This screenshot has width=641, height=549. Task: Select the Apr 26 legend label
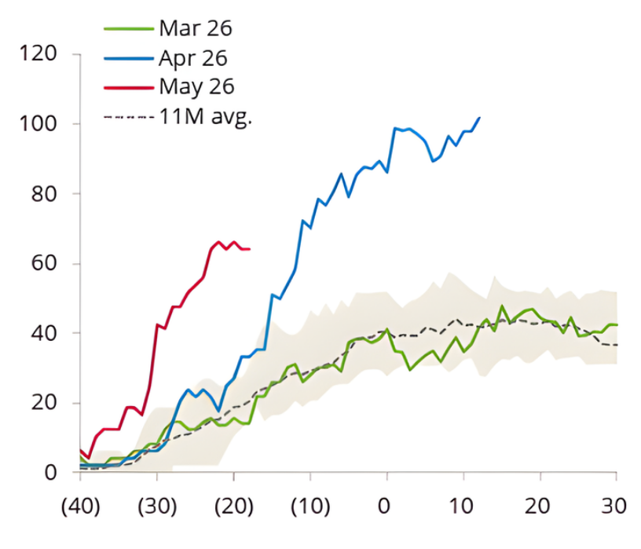click(x=192, y=57)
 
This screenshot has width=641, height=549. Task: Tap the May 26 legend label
click(x=196, y=86)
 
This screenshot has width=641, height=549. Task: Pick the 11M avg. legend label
click(x=205, y=117)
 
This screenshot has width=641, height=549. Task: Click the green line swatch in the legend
click(x=128, y=29)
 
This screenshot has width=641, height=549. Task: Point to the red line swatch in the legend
click(x=128, y=86)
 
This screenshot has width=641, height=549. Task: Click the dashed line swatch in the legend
click(x=128, y=117)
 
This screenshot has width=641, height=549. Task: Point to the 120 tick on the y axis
click(x=41, y=54)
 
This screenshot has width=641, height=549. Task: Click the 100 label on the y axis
click(x=41, y=124)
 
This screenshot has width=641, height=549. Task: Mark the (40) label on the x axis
click(x=80, y=505)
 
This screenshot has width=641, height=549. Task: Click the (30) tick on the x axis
click(x=157, y=505)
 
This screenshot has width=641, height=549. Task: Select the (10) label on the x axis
click(x=310, y=505)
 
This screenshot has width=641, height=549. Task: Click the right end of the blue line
click(x=479, y=118)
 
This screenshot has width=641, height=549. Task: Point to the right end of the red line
click(x=249, y=249)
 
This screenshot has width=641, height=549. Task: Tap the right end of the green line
click(x=617, y=325)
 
